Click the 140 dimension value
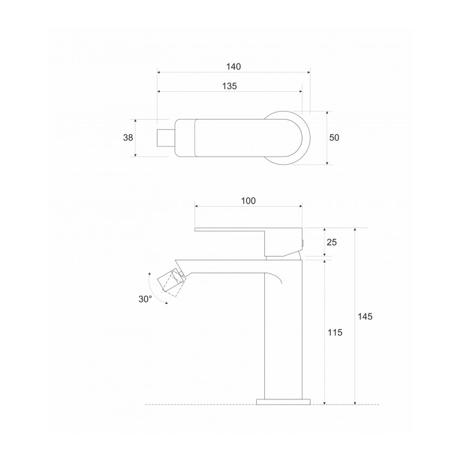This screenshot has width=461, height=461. (x=233, y=67)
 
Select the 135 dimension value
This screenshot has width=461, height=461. (x=229, y=86)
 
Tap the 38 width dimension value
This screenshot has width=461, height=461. (x=128, y=137)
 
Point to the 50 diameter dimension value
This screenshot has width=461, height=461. (x=334, y=137)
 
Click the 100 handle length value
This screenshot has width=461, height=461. (x=248, y=201)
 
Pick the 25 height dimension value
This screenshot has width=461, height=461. (x=331, y=242)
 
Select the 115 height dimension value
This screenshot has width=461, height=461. (x=335, y=332)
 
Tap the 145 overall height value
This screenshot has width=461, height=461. (x=365, y=317)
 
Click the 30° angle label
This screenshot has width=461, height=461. (x=145, y=299)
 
